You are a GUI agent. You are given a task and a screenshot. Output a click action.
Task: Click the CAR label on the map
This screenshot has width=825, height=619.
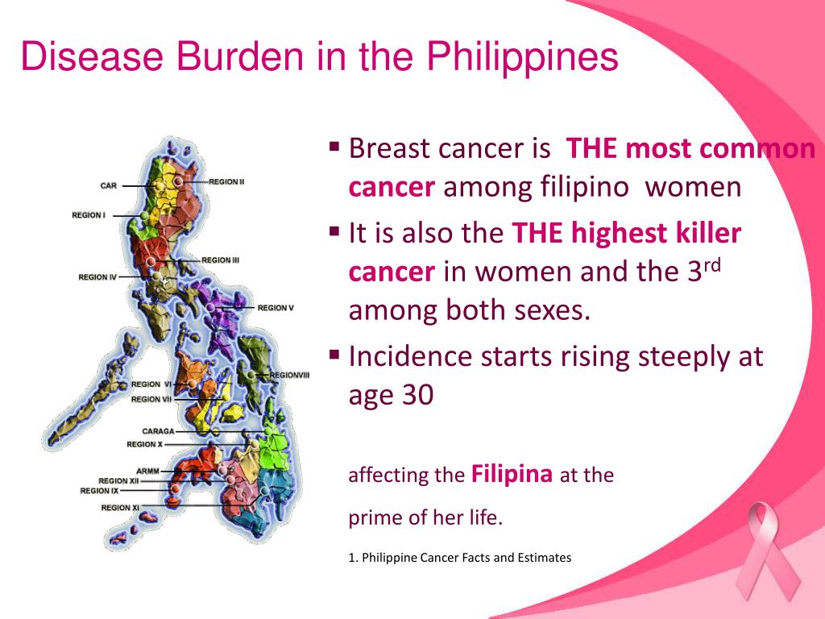click(109, 185)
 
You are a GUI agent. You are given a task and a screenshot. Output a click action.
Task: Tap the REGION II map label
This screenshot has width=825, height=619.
click(226, 182)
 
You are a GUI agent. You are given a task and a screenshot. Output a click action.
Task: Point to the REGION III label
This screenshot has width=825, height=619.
click(220, 260)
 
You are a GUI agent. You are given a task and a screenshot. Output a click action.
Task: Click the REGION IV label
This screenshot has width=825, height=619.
click(97, 277)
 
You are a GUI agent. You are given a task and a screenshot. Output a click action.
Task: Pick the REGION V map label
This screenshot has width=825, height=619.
click(276, 308)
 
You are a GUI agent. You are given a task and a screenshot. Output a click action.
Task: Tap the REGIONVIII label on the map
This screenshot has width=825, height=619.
click(289, 375)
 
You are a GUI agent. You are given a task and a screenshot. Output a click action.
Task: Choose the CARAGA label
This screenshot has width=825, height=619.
click(158, 432)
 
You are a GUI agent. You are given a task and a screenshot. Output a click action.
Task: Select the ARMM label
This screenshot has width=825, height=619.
click(147, 471)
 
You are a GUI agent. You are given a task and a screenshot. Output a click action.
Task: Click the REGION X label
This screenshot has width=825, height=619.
click(144, 444)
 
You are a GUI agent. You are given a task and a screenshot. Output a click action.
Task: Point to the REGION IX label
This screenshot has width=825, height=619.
click(99, 491)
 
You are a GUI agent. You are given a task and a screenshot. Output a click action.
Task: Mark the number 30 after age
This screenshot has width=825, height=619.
click(417, 396)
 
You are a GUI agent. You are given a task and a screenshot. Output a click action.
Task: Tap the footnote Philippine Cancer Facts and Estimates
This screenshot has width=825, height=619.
click(466, 557)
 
